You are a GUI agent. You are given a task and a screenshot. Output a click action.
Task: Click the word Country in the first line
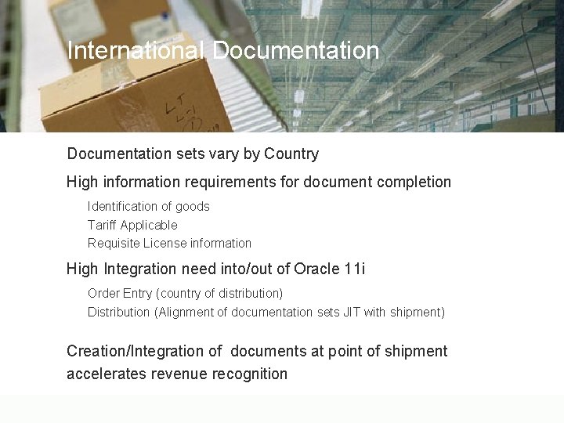click(291, 154)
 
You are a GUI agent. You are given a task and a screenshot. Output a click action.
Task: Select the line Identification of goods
click(149, 207)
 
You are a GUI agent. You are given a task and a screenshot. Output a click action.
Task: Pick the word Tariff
click(102, 225)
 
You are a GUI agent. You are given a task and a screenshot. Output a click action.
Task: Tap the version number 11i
click(355, 269)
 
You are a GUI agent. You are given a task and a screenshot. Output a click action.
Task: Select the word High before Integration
click(82, 269)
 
